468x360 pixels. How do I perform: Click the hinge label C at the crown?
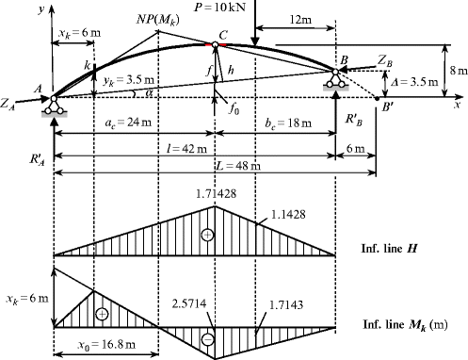[x=222, y=36]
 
